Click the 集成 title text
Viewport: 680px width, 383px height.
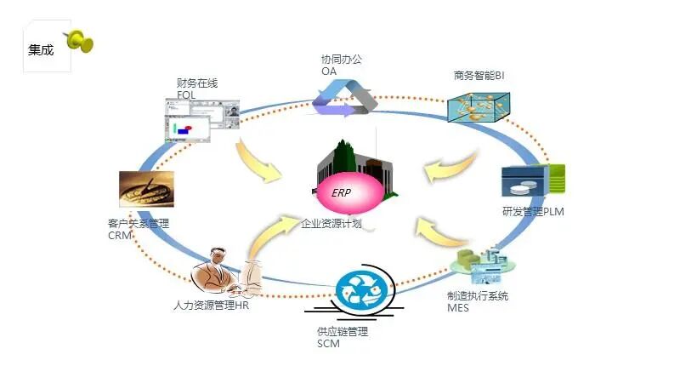[x=41, y=50]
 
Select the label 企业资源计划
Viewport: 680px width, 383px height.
[x=331, y=224]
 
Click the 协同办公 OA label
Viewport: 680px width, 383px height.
[x=341, y=66]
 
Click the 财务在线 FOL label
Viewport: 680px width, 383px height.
[x=197, y=89]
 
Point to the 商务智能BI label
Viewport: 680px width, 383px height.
[x=479, y=76]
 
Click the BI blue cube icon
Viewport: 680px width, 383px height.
[x=483, y=106]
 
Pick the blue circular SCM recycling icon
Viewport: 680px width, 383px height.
[x=363, y=291]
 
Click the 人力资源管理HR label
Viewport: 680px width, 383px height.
[x=211, y=306]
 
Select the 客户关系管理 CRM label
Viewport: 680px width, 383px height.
[x=139, y=229]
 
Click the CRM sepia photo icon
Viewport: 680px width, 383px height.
[x=146, y=189]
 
